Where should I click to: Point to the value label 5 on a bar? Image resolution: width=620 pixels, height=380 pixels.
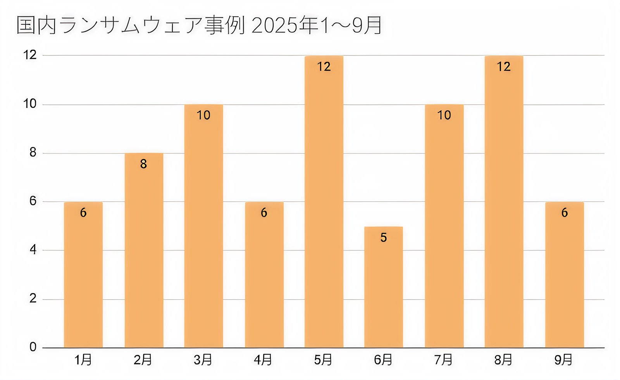(x=384, y=237)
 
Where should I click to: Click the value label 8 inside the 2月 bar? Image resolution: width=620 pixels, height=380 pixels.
(x=143, y=164)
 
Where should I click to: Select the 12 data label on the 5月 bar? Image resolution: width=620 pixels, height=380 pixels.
(x=324, y=67)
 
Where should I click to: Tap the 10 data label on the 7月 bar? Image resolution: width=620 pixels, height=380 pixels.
(x=444, y=115)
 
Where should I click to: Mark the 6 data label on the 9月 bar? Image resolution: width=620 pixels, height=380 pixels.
(x=565, y=212)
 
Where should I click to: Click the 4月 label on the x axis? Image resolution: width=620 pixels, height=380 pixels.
(x=263, y=360)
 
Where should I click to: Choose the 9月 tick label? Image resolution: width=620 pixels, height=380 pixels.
(x=563, y=360)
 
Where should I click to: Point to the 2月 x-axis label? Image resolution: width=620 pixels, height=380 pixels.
(x=143, y=360)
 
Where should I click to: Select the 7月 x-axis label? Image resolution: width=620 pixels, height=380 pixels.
(x=443, y=360)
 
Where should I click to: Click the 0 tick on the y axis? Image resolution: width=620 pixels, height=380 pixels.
(x=33, y=347)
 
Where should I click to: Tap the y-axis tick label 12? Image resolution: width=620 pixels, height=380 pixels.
(x=30, y=55)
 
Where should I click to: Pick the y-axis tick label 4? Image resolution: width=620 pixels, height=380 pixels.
(x=33, y=250)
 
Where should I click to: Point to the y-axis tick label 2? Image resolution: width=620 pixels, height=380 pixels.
(x=33, y=298)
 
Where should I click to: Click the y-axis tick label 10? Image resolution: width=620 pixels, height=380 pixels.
(x=30, y=104)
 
